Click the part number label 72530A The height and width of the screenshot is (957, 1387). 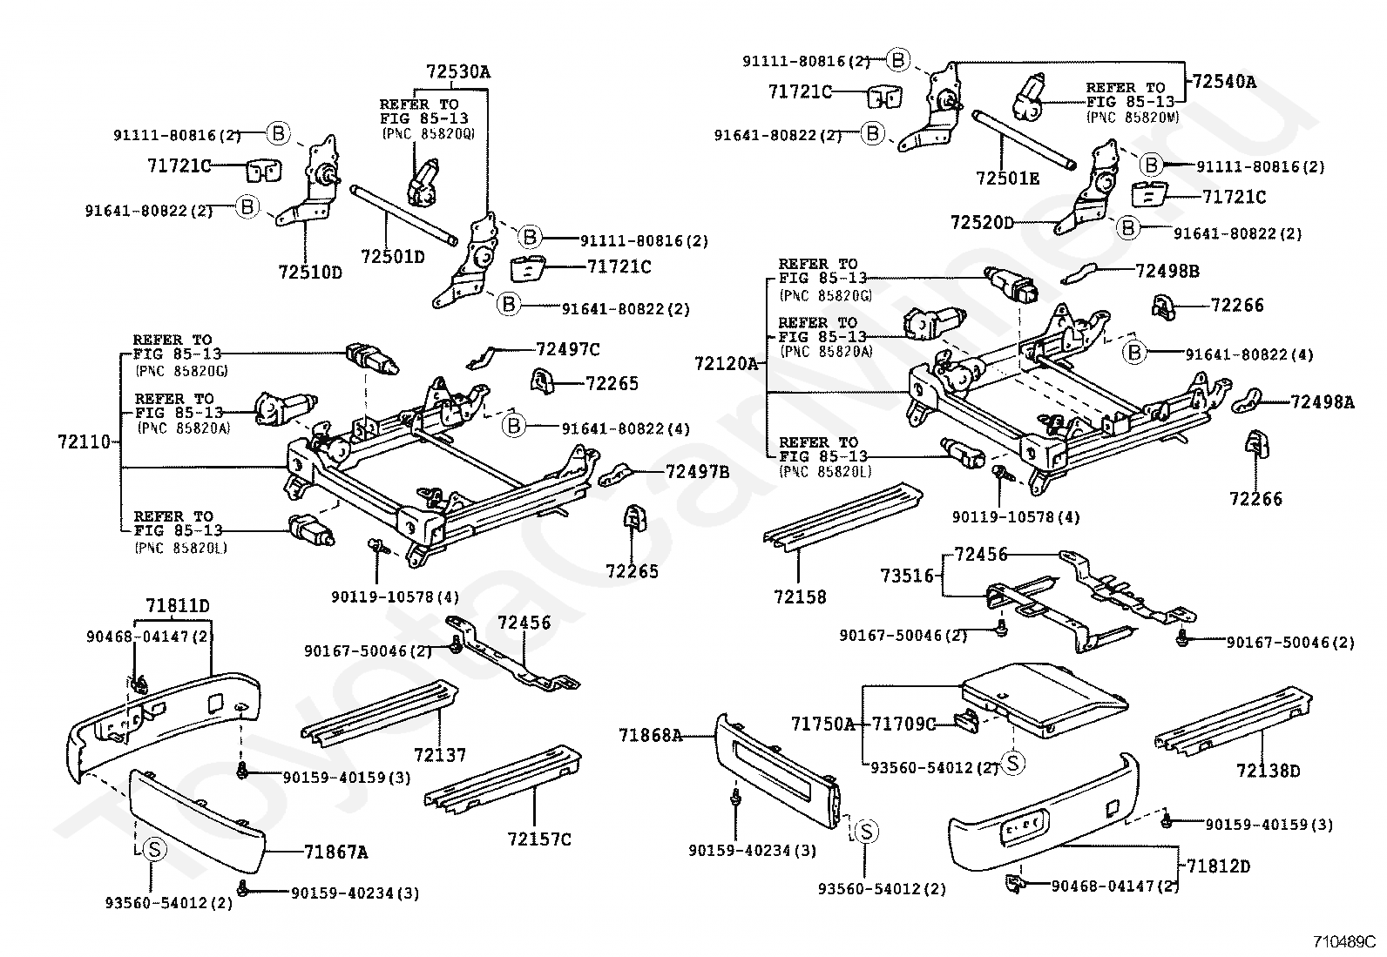pos(458,71)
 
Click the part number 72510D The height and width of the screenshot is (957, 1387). pos(310,273)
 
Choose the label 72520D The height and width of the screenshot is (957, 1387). pos(982,223)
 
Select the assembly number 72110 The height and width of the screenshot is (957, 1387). pos(85,441)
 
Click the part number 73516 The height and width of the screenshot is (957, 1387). pos(906,576)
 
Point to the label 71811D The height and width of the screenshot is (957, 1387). pos(177,605)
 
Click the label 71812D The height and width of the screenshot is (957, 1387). pos(1219,866)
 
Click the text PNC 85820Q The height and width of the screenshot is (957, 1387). pos(428,133)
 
